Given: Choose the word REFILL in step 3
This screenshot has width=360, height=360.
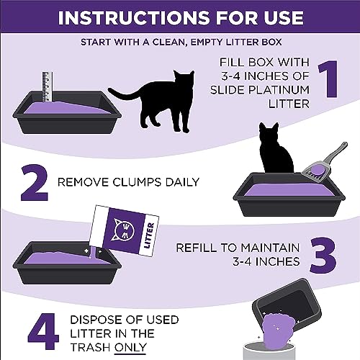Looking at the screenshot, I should (x=196, y=248).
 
